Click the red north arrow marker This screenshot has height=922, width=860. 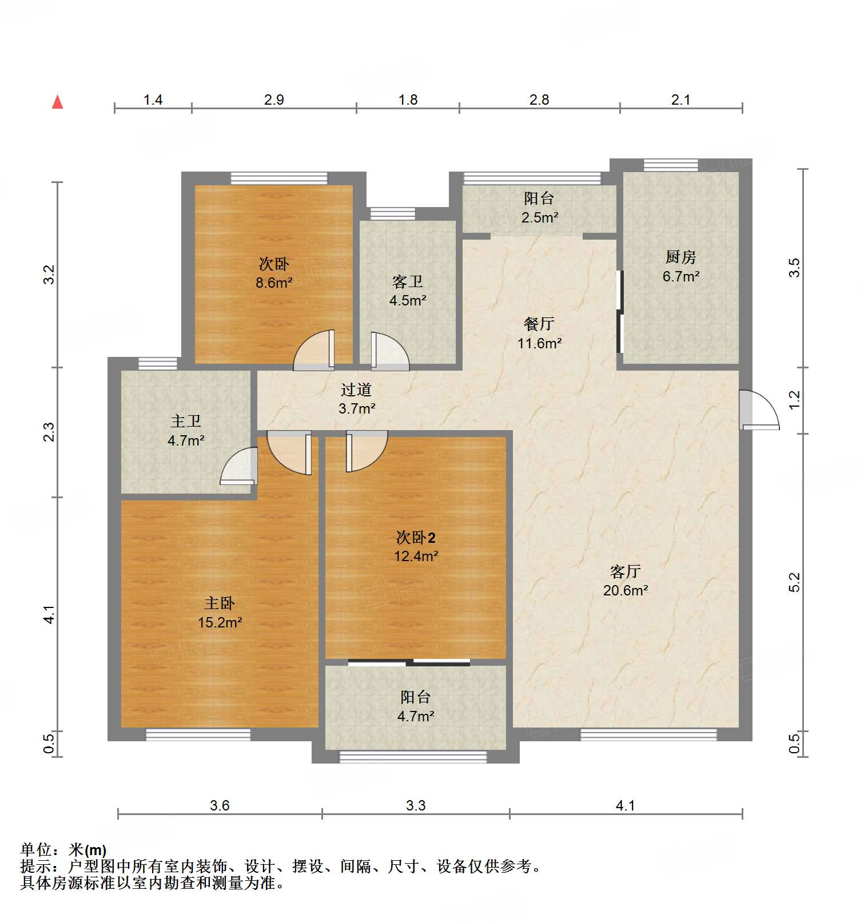(x=57, y=102)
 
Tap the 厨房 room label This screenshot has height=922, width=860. (x=680, y=257)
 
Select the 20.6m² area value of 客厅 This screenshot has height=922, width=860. (x=625, y=591)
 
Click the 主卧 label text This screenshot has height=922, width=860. (x=220, y=603)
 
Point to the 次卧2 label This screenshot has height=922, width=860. (x=416, y=538)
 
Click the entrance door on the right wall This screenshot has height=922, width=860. (x=758, y=410)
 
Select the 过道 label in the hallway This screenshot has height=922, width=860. (x=356, y=390)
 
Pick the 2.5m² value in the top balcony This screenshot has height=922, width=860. (x=539, y=218)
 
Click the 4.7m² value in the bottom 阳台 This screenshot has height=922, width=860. (x=416, y=716)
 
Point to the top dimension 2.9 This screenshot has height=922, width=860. (x=274, y=100)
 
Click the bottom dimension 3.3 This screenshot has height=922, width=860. (x=416, y=806)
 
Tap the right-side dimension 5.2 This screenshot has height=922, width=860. (x=794, y=582)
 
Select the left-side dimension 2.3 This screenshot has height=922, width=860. (x=50, y=432)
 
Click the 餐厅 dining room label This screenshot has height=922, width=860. (x=539, y=324)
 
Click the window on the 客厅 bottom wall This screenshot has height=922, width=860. (x=648, y=734)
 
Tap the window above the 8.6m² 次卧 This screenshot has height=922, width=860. (x=279, y=178)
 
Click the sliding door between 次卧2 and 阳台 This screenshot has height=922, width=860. (x=409, y=662)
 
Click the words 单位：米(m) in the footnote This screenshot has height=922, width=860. (x=63, y=850)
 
